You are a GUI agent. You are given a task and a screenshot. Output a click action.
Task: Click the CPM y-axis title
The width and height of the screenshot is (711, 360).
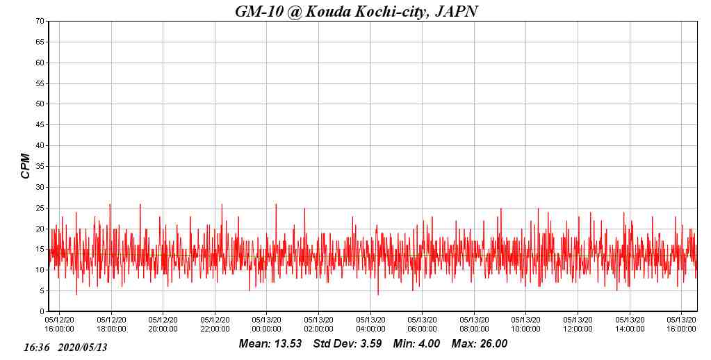tap(26, 166)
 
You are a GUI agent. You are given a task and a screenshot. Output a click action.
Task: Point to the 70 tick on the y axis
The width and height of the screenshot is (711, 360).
tap(40, 22)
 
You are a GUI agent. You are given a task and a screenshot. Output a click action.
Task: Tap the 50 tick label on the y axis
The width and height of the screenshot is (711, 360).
tap(40, 104)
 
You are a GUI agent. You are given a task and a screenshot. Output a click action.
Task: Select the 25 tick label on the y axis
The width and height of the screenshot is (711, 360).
tap(40, 208)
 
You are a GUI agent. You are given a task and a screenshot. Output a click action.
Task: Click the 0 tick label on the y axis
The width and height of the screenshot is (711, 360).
tap(42, 311)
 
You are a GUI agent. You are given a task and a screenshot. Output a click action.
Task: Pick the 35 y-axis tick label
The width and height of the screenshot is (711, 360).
tap(40, 167)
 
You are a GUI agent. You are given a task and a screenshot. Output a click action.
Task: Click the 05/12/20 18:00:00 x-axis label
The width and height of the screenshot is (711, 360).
tap(111, 325)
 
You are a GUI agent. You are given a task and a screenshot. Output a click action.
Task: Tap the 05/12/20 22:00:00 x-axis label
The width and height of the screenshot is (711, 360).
tap(215, 325)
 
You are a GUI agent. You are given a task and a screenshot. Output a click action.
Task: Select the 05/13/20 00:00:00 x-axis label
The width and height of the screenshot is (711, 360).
tap(266, 325)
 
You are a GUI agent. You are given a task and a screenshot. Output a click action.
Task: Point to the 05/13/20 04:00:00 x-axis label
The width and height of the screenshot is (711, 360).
tap(370, 325)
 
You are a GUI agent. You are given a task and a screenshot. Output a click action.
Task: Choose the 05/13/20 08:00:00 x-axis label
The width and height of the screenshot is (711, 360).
tap(474, 325)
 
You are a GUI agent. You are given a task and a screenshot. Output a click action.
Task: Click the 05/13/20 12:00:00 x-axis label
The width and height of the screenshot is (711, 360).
tap(578, 325)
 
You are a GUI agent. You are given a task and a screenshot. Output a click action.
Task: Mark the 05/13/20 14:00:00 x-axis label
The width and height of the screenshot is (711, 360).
tap(630, 325)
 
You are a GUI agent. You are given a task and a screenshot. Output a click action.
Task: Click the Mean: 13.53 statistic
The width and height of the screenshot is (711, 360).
tap(270, 344)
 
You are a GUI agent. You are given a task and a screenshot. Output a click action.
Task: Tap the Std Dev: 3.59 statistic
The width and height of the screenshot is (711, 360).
tap(348, 344)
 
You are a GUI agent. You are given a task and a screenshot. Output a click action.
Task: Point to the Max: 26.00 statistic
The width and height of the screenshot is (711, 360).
tap(480, 344)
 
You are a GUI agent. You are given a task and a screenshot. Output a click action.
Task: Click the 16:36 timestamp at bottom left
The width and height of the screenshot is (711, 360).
tap(36, 347)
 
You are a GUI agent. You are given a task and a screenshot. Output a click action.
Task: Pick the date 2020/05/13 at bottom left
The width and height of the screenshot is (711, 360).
tap(83, 347)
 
